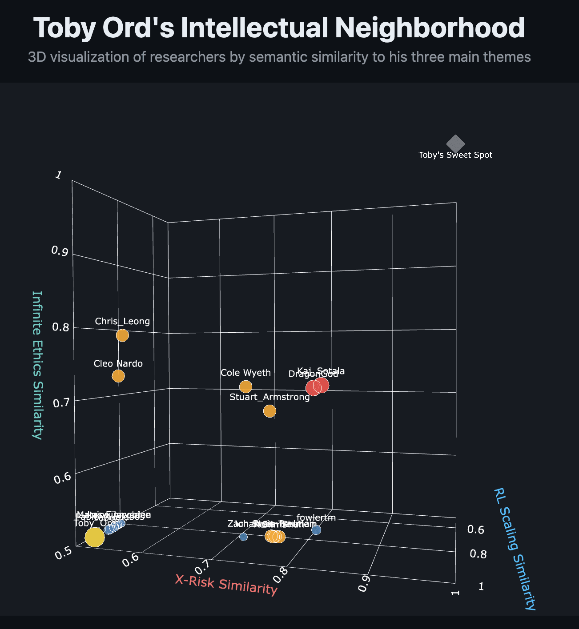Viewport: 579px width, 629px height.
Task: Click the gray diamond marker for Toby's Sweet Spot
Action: click(x=455, y=143)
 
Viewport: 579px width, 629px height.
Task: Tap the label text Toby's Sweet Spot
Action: click(x=455, y=155)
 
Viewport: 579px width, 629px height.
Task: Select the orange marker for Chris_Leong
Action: click(x=122, y=335)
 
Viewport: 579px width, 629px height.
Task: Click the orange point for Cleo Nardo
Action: click(x=118, y=376)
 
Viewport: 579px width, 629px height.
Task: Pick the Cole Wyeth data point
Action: click(x=245, y=386)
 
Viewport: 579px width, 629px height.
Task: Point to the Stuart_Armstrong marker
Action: click(x=269, y=411)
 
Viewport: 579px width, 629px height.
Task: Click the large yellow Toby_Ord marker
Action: click(x=95, y=537)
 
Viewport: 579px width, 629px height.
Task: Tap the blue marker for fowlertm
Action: click(x=316, y=530)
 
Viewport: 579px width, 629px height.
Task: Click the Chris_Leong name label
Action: click(x=122, y=321)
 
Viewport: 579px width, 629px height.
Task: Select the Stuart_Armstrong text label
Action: click(x=269, y=397)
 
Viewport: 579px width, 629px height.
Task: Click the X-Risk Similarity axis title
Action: click(x=226, y=584)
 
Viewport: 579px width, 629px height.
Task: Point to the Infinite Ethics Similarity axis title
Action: click(x=37, y=365)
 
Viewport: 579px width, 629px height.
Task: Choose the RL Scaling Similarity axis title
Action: click(x=515, y=549)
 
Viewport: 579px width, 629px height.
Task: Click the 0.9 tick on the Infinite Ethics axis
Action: click(x=60, y=251)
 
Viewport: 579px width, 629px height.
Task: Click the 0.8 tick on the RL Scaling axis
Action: click(x=478, y=554)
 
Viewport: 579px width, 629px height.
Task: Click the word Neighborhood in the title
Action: click(x=430, y=28)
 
